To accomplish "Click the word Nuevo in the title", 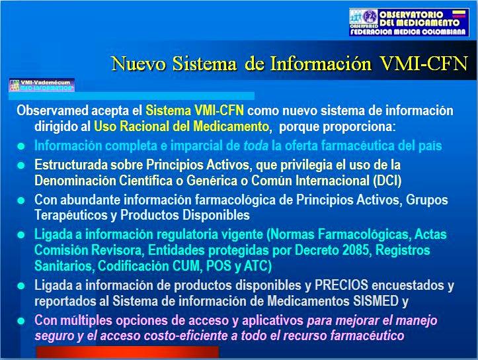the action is click(x=139, y=64).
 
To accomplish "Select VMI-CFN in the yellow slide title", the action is click(x=424, y=64).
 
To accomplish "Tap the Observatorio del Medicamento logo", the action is click(x=409, y=22).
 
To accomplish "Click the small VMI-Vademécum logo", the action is click(x=42, y=85).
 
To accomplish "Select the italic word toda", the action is click(x=256, y=146).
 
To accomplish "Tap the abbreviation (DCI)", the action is click(x=387, y=181).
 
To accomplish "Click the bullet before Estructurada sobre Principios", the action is click(x=21, y=165).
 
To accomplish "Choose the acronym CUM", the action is click(x=186, y=266).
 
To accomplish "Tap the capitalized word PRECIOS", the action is click(x=341, y=285).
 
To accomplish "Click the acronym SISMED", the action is click(x=376, y=301).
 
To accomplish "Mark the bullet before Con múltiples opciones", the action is click(x=21, y=321).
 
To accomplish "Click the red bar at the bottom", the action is click(x=128, y=352).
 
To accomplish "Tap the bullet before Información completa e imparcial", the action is click(x=21, y=146).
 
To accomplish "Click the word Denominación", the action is click(x=75, y=181).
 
